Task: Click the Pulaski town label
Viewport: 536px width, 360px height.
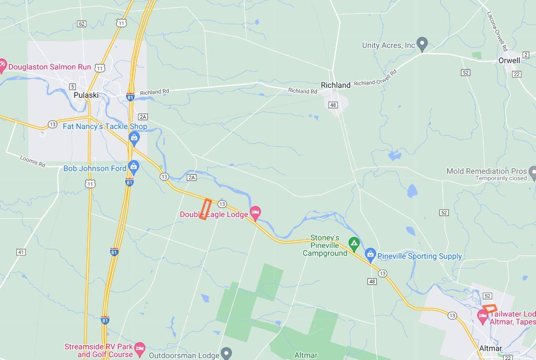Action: click(x=86, y=95)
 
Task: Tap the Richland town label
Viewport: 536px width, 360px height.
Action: click(x=335, y=85)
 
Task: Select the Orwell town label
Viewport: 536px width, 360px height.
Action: click(x=509, y=60)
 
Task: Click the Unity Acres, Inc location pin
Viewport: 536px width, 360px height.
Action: click(x=422, y=44)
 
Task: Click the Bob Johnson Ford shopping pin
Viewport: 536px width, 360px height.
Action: click(x=133, y=167)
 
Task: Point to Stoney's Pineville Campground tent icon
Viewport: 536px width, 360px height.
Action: click(x=353, y=243)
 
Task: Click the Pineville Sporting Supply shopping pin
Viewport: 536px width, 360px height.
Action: click(x=370, y=255)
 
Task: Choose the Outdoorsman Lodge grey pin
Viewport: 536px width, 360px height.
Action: click(x=226, y=353)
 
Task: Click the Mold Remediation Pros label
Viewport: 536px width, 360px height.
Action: click(x=486, y=171)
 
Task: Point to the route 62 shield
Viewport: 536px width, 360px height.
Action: click(x=81, y=23)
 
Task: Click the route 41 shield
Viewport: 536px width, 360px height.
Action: click(x=21, y=252)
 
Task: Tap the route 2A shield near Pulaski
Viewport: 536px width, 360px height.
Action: click(x=143, y=117)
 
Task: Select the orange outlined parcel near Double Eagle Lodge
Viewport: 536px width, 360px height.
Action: click(x=204, y=209)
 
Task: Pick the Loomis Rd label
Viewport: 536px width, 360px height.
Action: click(x=33, y=161)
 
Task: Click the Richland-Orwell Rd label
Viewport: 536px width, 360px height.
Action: click(x=375, y=77)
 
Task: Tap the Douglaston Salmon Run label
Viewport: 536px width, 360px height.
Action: click(x=50, y=67)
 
